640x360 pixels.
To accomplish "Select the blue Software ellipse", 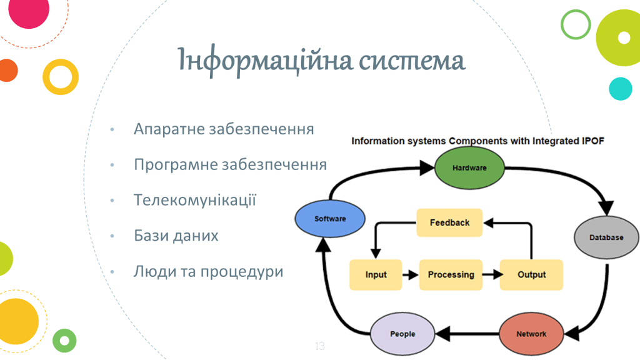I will [x=330, y=219].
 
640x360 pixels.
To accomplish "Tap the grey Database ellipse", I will [x=606, y=237].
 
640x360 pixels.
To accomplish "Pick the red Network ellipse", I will [x=531, y=334].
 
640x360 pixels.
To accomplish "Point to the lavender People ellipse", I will [x=402, y=334].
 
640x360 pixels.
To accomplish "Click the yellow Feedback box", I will [x=449, y=222].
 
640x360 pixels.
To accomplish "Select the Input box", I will [x=376, y=274].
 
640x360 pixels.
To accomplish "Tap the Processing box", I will [x=451, y=274].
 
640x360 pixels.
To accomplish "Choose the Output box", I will [x=531, y=274].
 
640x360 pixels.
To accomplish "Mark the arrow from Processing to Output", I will [x=491, y=274].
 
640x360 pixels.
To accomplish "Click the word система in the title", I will [x=412, y=62].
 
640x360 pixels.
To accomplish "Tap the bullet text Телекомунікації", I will [x=195, y=201].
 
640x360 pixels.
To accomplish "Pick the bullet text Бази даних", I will [x=176, y=236].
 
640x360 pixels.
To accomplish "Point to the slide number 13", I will [x=320, y=346].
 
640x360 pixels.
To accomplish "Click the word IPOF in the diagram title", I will [x=591, y=141].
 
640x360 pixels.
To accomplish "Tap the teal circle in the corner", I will [x=621, y=89].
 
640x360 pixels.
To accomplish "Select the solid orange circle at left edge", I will [x=7, y=70].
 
